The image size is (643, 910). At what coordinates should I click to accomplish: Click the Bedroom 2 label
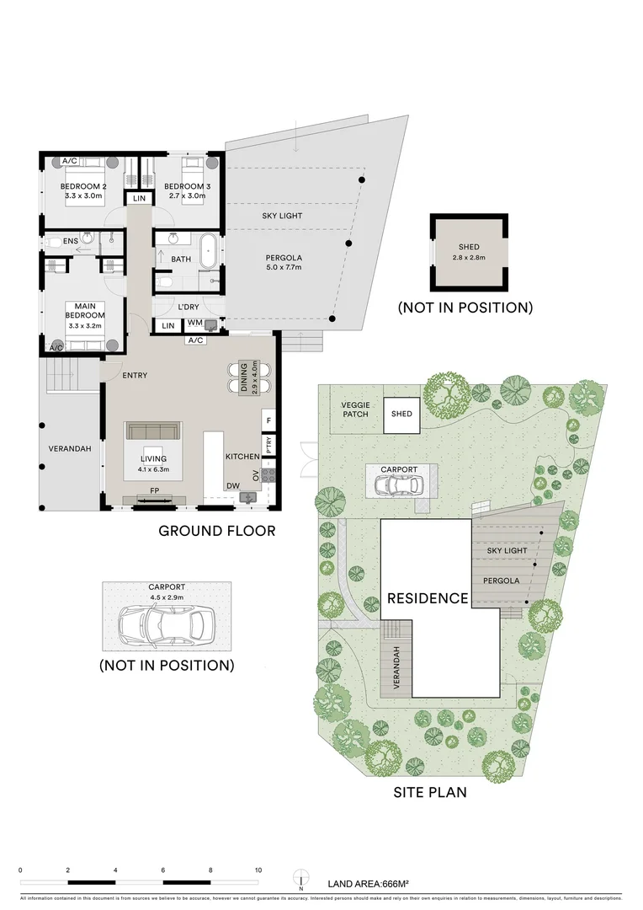coord(82,186)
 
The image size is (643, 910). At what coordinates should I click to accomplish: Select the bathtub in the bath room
coord(207,251)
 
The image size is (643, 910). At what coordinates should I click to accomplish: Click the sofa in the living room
coord(152,431)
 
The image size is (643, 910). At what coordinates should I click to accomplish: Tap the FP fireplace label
coord(154,490)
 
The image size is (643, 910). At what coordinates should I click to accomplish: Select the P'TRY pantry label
coord(268,444)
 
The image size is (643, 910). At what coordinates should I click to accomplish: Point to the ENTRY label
coord(135,375)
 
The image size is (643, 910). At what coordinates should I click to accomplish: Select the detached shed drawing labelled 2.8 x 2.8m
coord(470,251)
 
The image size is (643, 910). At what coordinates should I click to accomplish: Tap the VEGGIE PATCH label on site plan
coord(355,410)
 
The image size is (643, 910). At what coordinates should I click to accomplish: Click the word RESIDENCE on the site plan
coord(427,599)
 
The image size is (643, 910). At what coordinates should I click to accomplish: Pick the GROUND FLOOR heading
coord(216,531)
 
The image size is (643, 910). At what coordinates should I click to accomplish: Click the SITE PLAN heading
coord(430,792)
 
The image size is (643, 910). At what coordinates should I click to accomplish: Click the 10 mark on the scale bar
coord(258,870)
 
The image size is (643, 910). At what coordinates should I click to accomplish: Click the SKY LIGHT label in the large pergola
coord(281,217)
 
